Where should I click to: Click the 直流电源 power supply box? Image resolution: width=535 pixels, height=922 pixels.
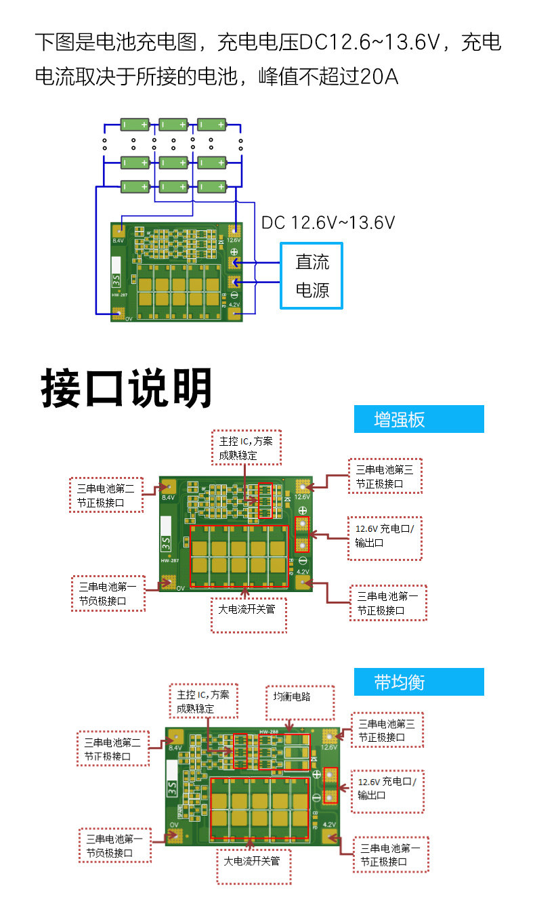click(312, 276)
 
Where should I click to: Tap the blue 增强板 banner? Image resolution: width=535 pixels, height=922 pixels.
click(419, 419)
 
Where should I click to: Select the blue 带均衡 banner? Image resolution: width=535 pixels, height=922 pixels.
click(419, 682)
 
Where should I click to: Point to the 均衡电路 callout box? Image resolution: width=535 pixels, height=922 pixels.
click(299, 701)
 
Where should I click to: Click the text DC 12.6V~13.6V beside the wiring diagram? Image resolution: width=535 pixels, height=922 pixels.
click(328, 222)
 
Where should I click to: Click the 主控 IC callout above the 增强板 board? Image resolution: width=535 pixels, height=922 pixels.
click(246, 447)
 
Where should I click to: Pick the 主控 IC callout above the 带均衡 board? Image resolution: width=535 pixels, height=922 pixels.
click(203, 700)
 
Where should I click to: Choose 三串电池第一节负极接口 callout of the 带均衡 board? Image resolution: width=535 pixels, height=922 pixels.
click(114, 845)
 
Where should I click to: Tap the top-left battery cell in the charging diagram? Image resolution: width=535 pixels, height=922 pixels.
click(135, 124)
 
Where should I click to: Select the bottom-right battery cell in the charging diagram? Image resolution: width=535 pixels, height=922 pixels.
click(212, 186)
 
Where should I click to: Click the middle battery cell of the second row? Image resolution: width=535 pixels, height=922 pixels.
click(173, 162)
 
